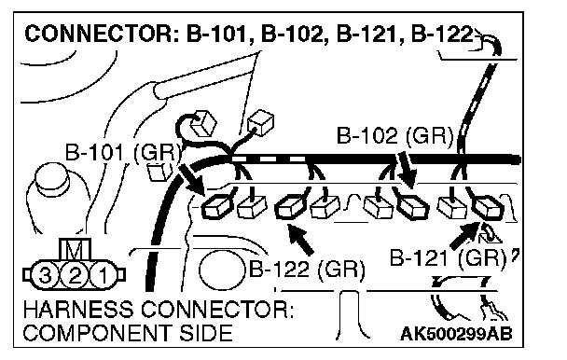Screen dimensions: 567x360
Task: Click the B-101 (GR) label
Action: click(x=123, y=152)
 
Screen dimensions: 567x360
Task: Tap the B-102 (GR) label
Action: click(x=394, y=136)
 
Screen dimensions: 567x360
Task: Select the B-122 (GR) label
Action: click(x=307, y=270)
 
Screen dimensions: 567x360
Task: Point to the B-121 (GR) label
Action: click(x=448, y=258)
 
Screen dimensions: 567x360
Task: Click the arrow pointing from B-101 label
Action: click(x=192, y=180)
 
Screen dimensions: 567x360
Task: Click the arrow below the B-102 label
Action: click(x=406, y=170)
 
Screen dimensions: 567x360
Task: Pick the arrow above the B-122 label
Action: click(x=299, y=239)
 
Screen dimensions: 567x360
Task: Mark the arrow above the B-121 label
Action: click(x=464, y=236)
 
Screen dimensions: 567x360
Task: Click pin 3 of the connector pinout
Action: click(x=45, y=276)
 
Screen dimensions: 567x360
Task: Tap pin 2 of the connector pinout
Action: click(x=74, y=276)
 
